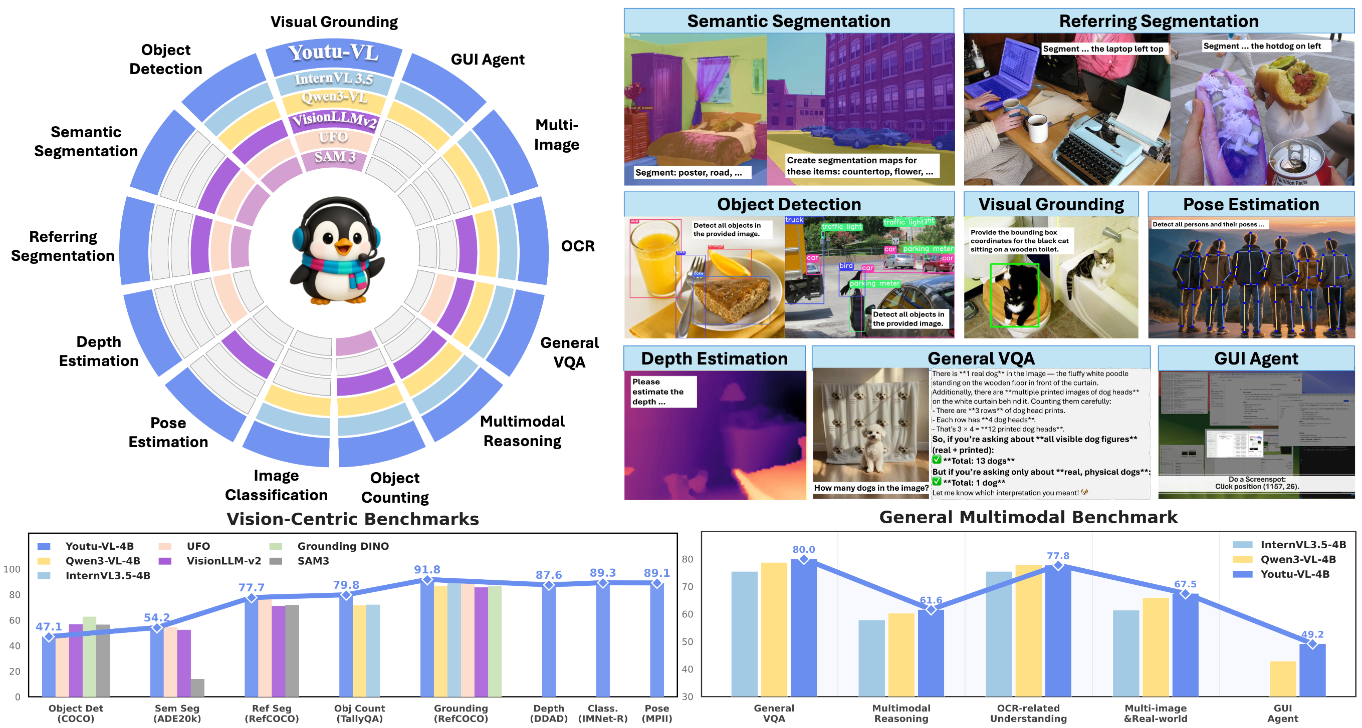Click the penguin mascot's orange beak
click(344, 246)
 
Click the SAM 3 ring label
click(335, 157)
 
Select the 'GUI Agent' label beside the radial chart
click(487, 59)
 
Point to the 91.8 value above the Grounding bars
click(426, 569)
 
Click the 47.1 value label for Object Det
click(49, 626)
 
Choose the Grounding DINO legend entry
click(343, 546)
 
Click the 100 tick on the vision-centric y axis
click(12, 569)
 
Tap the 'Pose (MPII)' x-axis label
click(656, 713)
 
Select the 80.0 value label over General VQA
click(803, 549)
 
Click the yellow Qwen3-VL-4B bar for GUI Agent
click(1282, 678)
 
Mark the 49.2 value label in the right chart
click(1312, 634)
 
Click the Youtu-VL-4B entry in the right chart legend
click(1294, 574)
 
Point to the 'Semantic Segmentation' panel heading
click(788, 21)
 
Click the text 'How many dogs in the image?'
click(870, 488)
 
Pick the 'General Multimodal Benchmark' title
click(1028, 517)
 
